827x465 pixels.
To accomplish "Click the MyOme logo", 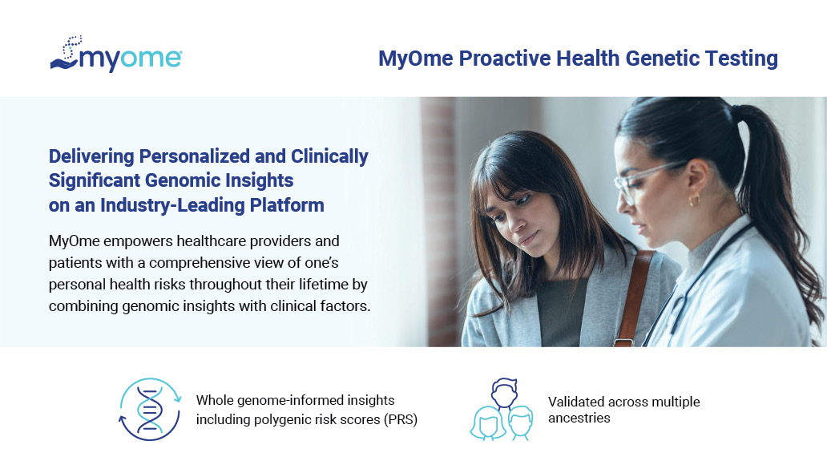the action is (116, 54).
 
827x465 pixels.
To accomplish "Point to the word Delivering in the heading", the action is (91, 157).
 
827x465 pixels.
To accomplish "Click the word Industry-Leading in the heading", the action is (172, 205).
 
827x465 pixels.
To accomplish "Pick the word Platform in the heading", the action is (287, 205).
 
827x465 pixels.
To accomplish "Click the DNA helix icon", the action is (150, 409).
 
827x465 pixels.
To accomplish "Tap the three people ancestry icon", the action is (502, 409).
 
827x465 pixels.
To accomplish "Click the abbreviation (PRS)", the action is (401, 419).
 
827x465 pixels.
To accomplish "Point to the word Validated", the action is (576, 402).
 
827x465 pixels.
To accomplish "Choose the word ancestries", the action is (579, 418).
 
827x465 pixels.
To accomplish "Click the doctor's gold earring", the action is (694, 200).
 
